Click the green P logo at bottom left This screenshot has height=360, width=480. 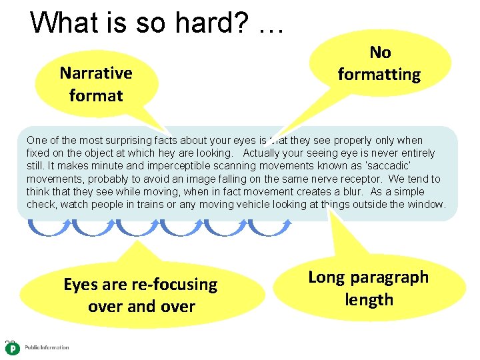12,349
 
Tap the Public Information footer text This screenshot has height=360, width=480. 47,347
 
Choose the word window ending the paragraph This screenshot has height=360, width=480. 428,204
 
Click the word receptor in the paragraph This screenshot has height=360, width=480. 357,179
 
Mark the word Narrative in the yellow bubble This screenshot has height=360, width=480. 96,73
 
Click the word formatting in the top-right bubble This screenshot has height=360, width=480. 379,75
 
